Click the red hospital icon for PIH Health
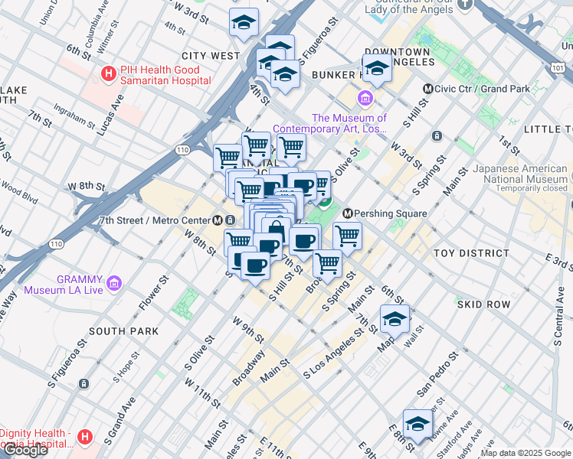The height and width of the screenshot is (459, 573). coord(109,75)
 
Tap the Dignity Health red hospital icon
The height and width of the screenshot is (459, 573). coord(85,437)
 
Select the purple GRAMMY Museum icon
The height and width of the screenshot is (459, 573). coord(114,284)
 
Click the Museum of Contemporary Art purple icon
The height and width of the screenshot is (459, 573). coord(364,99)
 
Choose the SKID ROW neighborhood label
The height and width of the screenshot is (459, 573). coord(483,304)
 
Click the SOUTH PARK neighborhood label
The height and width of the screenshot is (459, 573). coord(123,331)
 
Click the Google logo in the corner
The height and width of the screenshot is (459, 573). coord(25,450)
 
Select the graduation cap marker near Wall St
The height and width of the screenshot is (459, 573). coord(395,318)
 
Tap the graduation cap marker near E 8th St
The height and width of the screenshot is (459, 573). coord(417,423)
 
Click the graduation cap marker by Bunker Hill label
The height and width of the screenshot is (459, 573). coord(377,69)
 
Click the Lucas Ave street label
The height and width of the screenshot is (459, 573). coord(111,112)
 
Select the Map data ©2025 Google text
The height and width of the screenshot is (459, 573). coord(525,453)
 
